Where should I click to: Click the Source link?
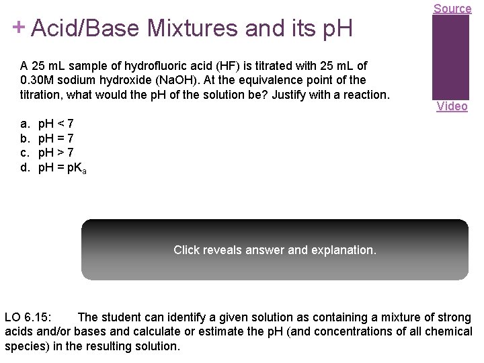click(452, 8)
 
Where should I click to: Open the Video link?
click(452, 106)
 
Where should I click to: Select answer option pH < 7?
click(56, 124)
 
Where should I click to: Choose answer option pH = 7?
click(56, 138)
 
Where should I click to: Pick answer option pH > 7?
click(56, 153)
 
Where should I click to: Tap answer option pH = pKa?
click(62, 168)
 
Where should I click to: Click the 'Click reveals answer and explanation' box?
click(274, 249)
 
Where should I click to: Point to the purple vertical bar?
click(450, 56)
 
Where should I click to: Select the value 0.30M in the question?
click(39, 80)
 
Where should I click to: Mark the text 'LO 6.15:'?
click(32, 317)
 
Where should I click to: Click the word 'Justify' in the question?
click(323, 95)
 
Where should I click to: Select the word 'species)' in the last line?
click(26, 347)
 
